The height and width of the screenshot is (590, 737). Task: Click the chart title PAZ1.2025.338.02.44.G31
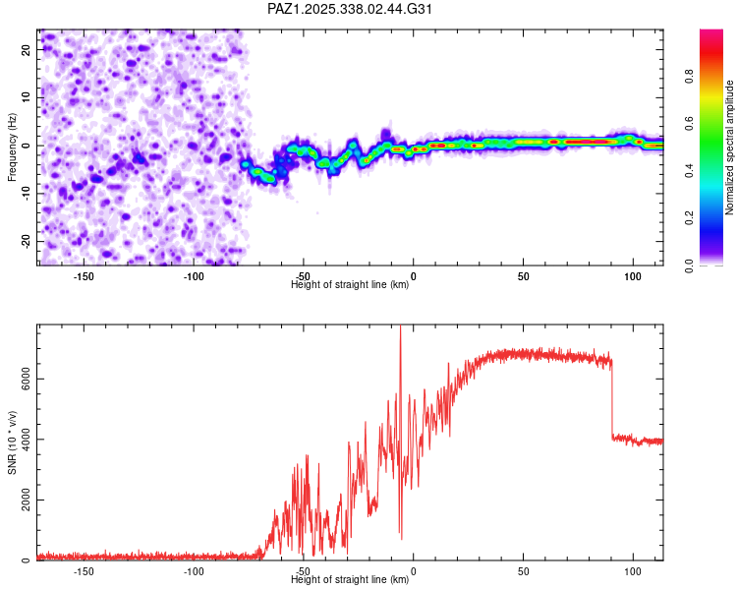coord(351,9)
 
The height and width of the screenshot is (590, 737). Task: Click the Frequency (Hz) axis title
coord(12,147)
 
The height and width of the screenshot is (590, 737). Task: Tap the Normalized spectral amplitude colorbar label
coord(729,147)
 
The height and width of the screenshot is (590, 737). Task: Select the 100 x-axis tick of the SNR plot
coord(634,571)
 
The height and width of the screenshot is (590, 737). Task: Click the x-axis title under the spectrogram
coord(350,285)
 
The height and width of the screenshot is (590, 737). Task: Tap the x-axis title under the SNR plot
coord(350,580)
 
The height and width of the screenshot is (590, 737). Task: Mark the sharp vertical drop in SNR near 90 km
coord(612,398)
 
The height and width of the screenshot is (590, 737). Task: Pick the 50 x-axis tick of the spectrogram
coord(524,276)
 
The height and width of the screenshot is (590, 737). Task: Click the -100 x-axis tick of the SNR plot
coord(194,571)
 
